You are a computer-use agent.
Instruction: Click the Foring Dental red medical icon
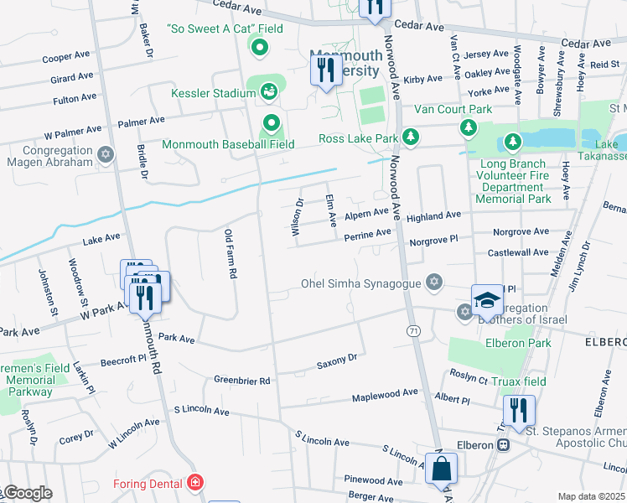pos(194,483)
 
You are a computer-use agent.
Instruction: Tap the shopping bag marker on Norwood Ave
pos(441,469)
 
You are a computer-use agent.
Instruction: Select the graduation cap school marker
pos(487,301)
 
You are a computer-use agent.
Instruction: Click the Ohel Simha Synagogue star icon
pos(434,282)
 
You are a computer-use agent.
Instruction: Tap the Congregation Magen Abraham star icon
pos(105,153)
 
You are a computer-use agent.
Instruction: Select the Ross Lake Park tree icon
pos(410,137)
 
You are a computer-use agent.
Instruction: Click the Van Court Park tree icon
pos(468,127)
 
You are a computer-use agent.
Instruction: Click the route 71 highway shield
pos(413,332)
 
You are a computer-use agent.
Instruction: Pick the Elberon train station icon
pos(503,445)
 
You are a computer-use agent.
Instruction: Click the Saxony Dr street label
pos(336,362)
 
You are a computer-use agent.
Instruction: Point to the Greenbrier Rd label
pos(241,381)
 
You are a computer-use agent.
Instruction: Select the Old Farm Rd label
pos(231,254)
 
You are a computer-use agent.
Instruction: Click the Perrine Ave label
pos(367,233)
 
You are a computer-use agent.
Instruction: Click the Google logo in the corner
pos(27,493)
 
